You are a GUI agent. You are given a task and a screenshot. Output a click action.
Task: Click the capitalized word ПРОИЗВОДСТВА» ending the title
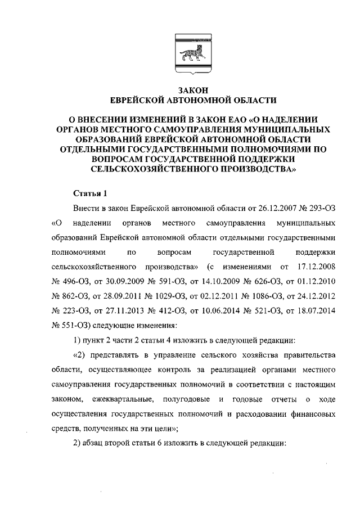click(x=249, y=168)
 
